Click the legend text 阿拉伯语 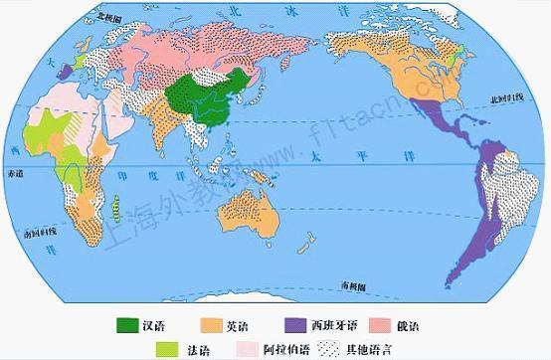pyautogui.click(x=279, y=348)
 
